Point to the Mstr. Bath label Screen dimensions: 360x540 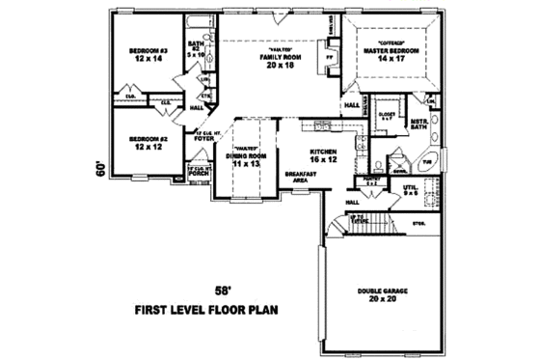click(418, 123)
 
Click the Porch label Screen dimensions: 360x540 click(200, 174)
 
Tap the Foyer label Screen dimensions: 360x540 click(202, 136)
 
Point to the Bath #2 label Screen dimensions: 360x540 click(196, 47)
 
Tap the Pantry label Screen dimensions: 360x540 click(371, 180)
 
